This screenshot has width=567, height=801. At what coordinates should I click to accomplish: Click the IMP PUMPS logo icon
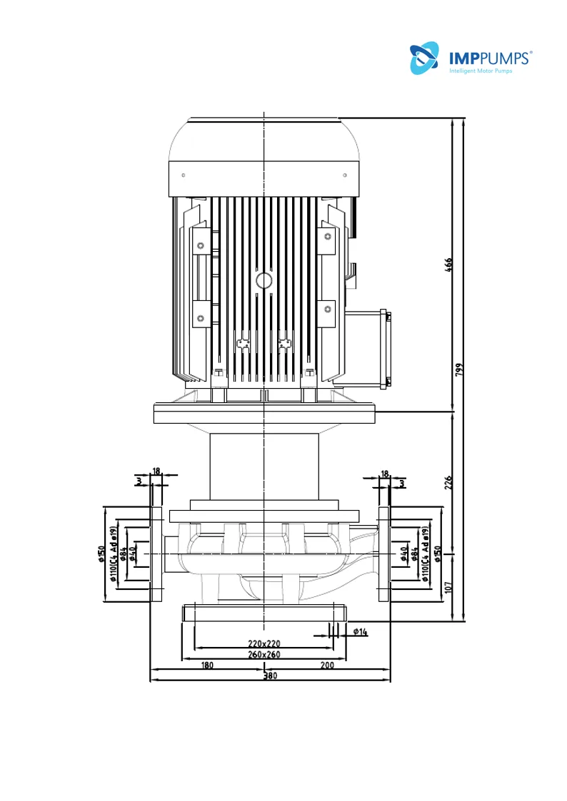(x=424, y=58)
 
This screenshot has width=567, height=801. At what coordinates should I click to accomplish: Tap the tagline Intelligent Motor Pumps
(x=481, y=71)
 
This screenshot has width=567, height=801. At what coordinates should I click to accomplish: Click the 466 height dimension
(x=448, y=265)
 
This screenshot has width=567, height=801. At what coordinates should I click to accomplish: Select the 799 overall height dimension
(x=459, y=370)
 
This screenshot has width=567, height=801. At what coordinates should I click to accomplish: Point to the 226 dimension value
(x=448, y=483)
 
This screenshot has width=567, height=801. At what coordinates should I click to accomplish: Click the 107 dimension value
(x=448, y=587)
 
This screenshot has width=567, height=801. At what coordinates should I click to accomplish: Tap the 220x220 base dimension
(x=264, y=643)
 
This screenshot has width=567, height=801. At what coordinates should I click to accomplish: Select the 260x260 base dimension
(x=264, y=654)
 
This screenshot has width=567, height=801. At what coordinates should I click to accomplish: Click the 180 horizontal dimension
(x=207, y=665)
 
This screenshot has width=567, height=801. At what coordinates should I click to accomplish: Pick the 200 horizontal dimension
(x=327, y=665)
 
